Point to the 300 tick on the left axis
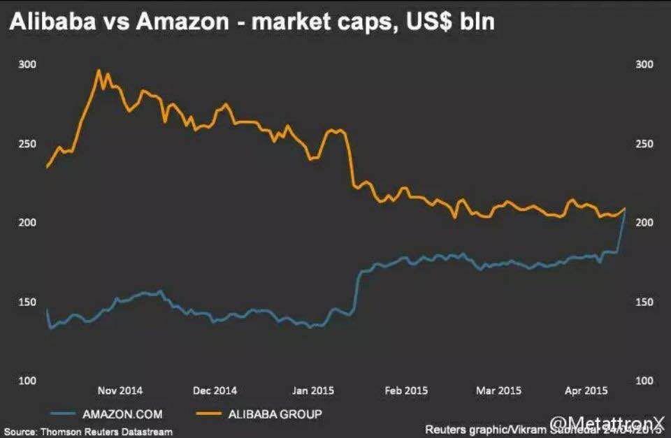click(27, 64)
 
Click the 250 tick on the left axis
click(27, 144)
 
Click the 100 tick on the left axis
click(27, 381)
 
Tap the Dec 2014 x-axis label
click(215, 390)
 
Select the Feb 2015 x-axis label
click(406, 390)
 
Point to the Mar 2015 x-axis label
click(498, 390)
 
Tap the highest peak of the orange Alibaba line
click(99, 70)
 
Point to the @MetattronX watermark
click(607, 423)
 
